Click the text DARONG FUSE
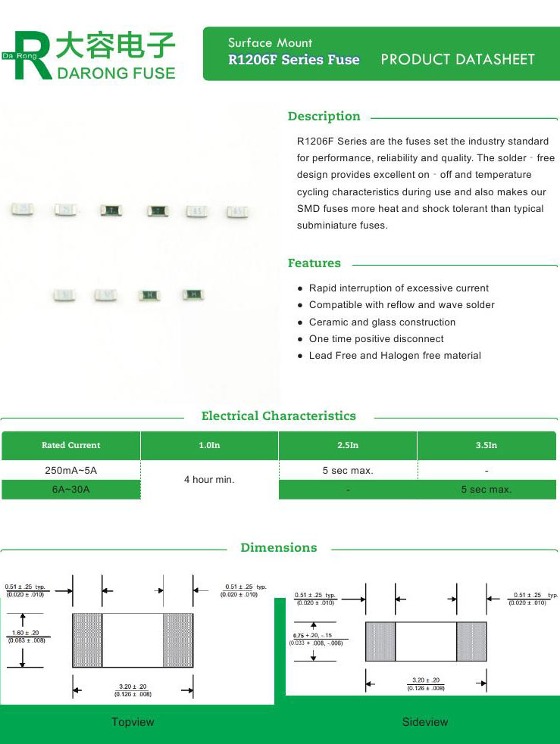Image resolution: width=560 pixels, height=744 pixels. pos(116,73)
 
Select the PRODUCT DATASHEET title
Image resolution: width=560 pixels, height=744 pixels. pos(458,60)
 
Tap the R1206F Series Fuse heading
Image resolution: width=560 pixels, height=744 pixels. pos(294,60)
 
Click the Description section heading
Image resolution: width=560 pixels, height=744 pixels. pos(324,117)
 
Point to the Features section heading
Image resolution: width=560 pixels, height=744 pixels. pos(314,263)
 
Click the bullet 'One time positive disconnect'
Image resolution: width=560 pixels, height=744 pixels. pos(376,339)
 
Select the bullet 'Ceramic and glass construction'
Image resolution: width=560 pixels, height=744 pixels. pos(382,322)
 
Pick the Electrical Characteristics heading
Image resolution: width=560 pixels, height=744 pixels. pos(278,416)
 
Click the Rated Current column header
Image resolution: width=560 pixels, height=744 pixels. pos(70,446)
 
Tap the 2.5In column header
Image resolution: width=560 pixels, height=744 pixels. pos(348,446)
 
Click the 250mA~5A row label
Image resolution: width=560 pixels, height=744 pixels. pos(70,471)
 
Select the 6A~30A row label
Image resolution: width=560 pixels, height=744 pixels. pos(70,490)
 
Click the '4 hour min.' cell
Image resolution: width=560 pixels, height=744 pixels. pos(209,480)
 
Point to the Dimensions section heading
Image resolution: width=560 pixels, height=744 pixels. pos(278,547)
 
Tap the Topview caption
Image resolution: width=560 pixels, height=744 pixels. pos(133,722)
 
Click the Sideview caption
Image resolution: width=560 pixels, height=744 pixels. pos(425,722)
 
